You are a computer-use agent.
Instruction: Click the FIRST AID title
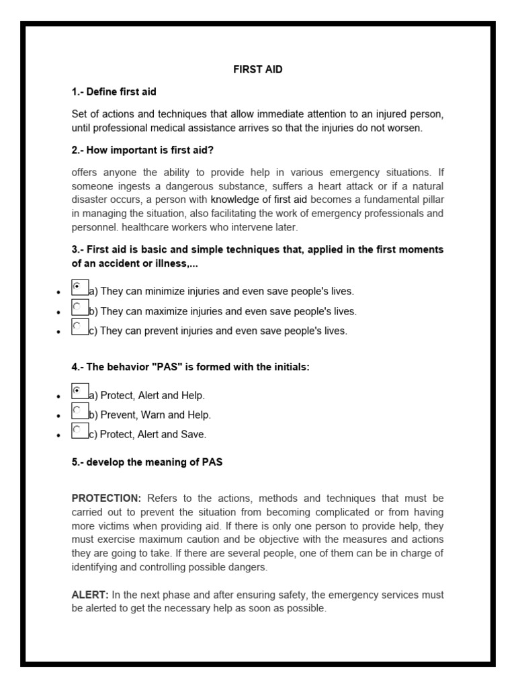pyautogui.click(x=257, y=69)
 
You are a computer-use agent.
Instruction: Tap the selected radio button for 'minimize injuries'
pyautogui.click(x=77, y=286)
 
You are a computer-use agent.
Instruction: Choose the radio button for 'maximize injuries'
pyautogui.click(x=77, y=306)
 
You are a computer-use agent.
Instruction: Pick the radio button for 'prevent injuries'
pyautogui.click(x=77, y=327)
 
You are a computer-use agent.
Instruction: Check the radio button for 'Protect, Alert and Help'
pyautogui.click(x=77, y=390)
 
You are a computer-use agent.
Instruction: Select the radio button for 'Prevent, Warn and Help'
pyautogui.click(x=77, y=410)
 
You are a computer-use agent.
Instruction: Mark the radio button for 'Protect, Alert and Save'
pyautogui.click(x=77, y=429)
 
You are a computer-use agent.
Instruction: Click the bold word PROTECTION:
pyautogui.click(x=106, y=498)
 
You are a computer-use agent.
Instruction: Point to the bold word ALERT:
pyautogui.click(x=90, y=595)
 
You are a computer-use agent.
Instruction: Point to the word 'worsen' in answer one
pyautogui.click(x=406, y=128)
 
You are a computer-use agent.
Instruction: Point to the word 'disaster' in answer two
pyautogui.click(x=90, y=200)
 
